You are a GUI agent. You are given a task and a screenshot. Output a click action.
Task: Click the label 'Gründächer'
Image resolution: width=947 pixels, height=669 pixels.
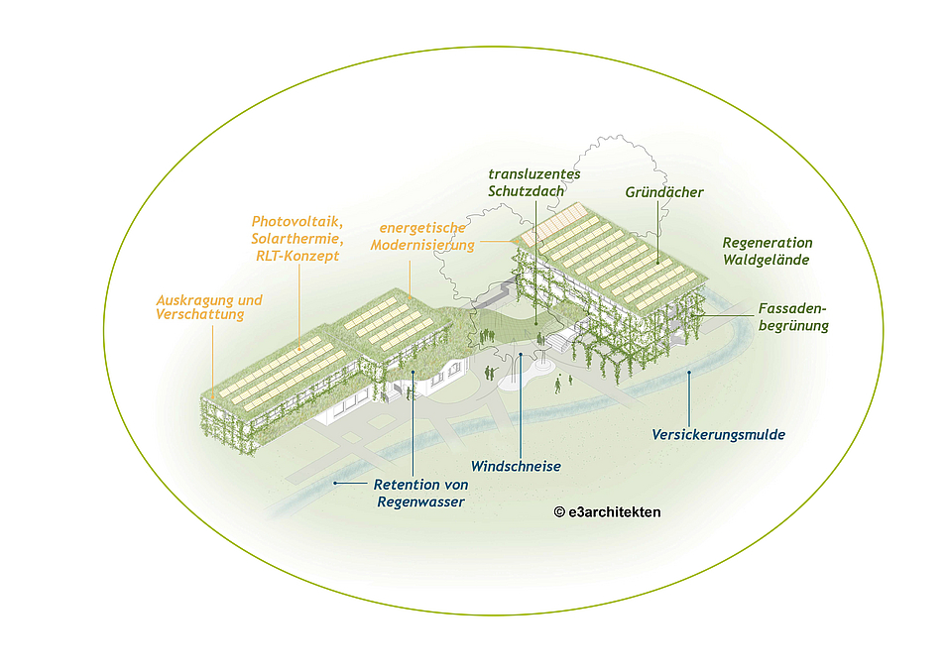click(662, 191)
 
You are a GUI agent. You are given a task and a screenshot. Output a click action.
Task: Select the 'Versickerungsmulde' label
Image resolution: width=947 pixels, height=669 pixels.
click(719, 434)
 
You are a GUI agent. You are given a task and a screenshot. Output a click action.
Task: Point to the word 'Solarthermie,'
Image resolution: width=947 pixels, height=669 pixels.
click(296, 238)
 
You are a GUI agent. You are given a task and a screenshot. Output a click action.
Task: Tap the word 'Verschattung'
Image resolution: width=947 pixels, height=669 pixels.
click(199, 315)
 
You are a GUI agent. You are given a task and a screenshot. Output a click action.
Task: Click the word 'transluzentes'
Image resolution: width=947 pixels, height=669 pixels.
click(534, 173)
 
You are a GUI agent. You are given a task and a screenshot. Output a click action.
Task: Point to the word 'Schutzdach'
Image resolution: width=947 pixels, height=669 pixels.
click(526, 190)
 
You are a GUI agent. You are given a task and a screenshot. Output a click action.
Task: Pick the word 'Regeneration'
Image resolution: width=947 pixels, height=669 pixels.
click(767, 243)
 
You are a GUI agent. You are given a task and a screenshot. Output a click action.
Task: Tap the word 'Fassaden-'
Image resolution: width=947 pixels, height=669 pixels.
click(792, 308)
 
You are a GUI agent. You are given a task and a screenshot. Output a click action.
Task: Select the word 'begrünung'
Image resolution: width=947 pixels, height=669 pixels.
click(792, 325)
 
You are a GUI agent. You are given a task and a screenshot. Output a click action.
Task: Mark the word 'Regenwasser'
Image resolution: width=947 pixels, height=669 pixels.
click(420, 502)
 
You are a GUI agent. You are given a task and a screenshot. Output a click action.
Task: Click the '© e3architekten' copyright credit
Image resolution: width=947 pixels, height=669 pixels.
click(607, 512)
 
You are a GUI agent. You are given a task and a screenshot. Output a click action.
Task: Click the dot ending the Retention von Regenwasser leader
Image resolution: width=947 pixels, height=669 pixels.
click(335, 483)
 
